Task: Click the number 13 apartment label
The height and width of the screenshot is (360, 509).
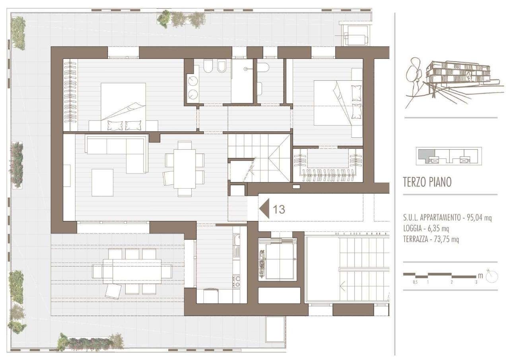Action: click(279, 209)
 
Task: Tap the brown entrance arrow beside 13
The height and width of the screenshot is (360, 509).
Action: click(265, 208)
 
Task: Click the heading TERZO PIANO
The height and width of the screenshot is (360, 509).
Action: click(427, 182)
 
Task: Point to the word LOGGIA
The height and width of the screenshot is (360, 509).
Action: click(412, 228)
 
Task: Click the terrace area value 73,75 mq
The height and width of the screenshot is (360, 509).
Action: click(446, 239)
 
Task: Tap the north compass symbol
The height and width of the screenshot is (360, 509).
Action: click(492, 276)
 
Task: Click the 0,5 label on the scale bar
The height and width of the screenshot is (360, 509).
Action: click(415, 282)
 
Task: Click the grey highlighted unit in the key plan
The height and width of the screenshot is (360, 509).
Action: click(426, 155)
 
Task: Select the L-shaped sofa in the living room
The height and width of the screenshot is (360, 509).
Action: click(117, 151)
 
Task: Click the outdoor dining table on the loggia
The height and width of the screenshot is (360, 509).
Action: click(132, 271)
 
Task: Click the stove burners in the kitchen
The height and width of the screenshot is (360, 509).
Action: click(237, 281)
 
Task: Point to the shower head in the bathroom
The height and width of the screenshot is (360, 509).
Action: click(245, 69)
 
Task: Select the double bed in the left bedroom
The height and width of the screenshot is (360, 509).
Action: click(123, 107)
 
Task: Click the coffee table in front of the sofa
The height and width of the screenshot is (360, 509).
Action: click(103, 183)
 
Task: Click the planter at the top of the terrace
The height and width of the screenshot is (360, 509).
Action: click(181, 19)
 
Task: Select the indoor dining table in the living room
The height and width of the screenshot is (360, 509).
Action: click(185, 168)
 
